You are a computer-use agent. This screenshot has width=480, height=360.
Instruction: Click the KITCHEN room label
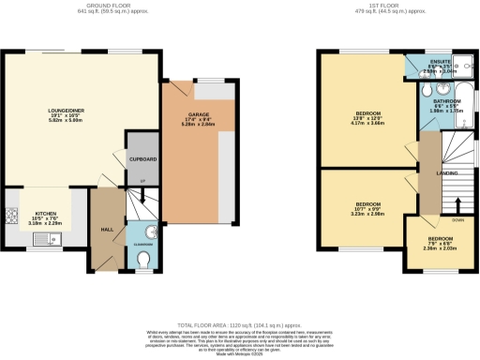point(46,213)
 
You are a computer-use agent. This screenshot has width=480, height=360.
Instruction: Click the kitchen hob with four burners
point(12,217)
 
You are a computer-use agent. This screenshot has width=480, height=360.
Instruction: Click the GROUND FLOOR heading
point(120,5)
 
